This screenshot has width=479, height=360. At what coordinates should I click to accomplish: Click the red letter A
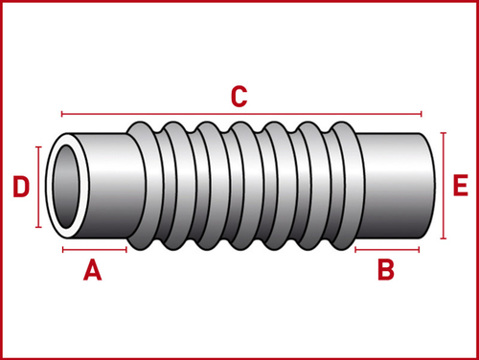(x=93, y=270)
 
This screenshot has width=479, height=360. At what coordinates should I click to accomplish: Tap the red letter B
(x=386, y=270)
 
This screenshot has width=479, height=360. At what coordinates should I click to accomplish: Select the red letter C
(x=239, y=96)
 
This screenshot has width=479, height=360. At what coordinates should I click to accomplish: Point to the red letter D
(x=21, y=187)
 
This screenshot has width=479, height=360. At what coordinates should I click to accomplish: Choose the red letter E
(x=461, y=185)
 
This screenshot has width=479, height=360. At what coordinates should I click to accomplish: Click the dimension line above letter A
(x=95, y=250)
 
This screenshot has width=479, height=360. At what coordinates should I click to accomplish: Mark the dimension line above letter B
(x=387, y=250)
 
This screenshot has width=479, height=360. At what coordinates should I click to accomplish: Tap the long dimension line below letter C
(x=241, y=114)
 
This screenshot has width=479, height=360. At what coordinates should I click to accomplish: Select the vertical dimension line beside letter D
(x=38, y=187)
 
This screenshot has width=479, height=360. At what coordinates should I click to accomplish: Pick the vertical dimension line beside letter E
(x=444, y=186)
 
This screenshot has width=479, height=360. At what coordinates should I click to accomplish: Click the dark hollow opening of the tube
(x=66, y=187)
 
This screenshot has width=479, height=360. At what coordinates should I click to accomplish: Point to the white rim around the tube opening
(x=50, y=187)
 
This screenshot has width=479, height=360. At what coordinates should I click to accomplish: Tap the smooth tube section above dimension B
(x=396, y=186)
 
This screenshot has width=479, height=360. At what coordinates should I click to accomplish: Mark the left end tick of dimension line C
(x=61, y=114)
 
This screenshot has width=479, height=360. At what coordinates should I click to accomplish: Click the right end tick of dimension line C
(x=422, y=114)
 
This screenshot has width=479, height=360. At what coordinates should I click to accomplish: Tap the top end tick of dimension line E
(x=444, y=133)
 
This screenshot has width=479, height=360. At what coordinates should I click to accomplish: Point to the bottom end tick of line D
(x=38, y=227)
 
